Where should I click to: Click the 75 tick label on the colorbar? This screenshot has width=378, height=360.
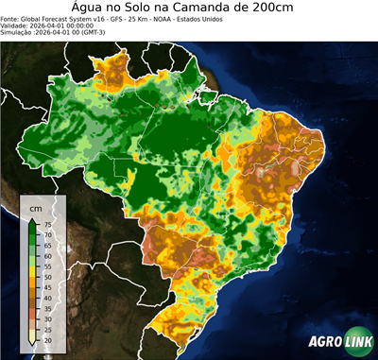pos(47,225)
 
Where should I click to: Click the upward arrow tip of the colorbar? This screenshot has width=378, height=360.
pos(33,219)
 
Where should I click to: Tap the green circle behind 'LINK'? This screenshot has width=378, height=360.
pos(358,343)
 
